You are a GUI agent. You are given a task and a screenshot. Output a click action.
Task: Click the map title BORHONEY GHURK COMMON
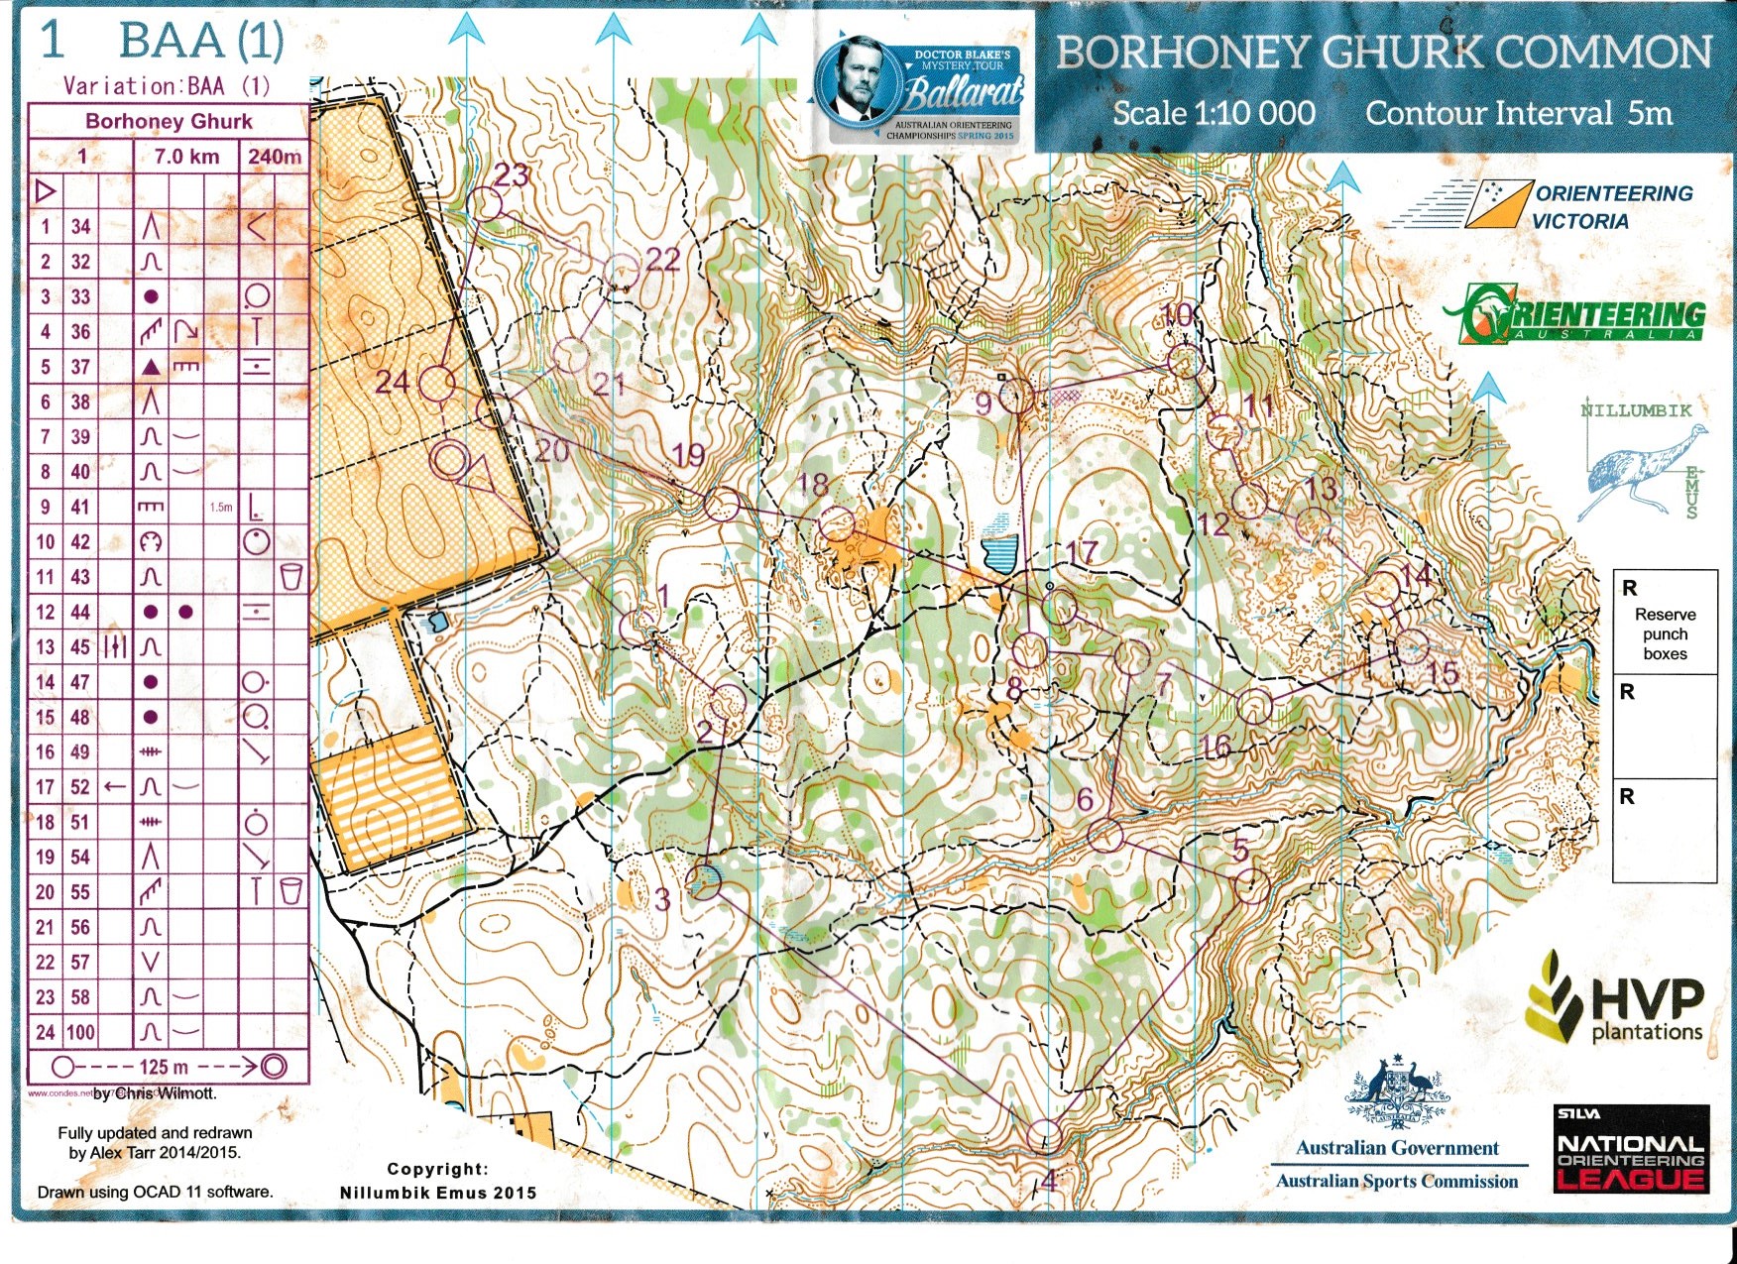pyautogui.click(x=1384, y=52)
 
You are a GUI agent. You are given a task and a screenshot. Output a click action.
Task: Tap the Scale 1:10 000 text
pyautogui.click(x=1214, y=113)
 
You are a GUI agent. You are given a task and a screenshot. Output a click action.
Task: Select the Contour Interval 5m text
pyautogui.click(x=1518, y=113)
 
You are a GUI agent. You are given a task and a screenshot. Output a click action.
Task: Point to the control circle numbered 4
pyautogui.click(x=1045, y=1136)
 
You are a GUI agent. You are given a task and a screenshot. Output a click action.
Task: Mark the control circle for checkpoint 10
pyautogui.click(x=1184, y=361)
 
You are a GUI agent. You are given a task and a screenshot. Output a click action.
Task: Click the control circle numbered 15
pyautogui.click(x=1412, y=647)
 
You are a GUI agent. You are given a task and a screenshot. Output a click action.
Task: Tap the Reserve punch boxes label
pyautogui.click(x=1665, y=633)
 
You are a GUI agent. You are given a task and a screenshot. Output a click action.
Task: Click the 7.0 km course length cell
pyautogui.click(x=186, y=157)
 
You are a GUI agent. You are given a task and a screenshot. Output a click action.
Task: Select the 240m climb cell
pyautogui.click(x=274, y=157)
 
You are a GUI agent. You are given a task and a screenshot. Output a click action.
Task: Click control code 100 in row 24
pyautogui.click(x=80, y=1033)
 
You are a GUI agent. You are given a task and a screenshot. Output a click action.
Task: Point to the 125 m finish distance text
pyautogui.click(x=164, y=1068)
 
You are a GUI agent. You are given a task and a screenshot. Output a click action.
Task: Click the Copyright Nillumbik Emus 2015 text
pyautogui.click(x=437, y=1182)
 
